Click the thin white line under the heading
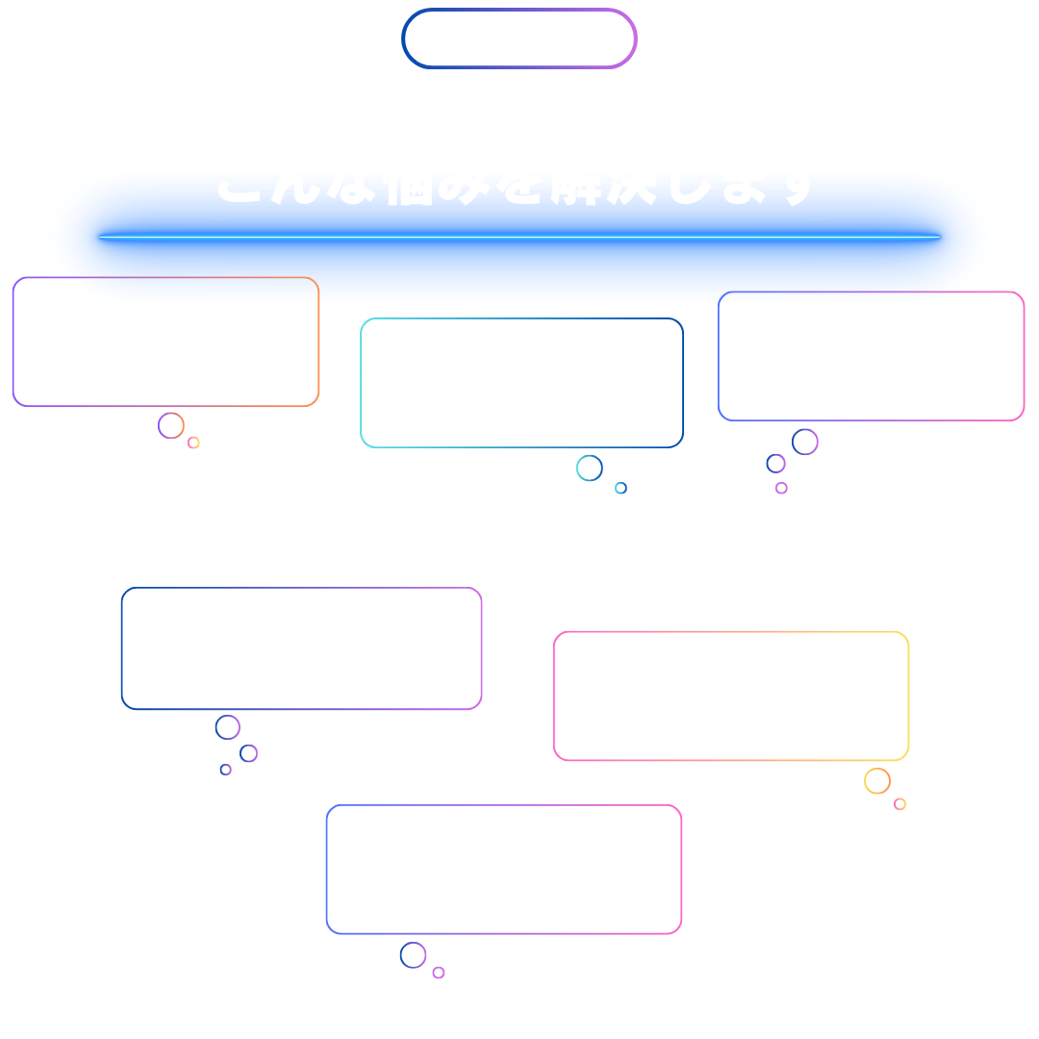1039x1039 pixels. (519, 237)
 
